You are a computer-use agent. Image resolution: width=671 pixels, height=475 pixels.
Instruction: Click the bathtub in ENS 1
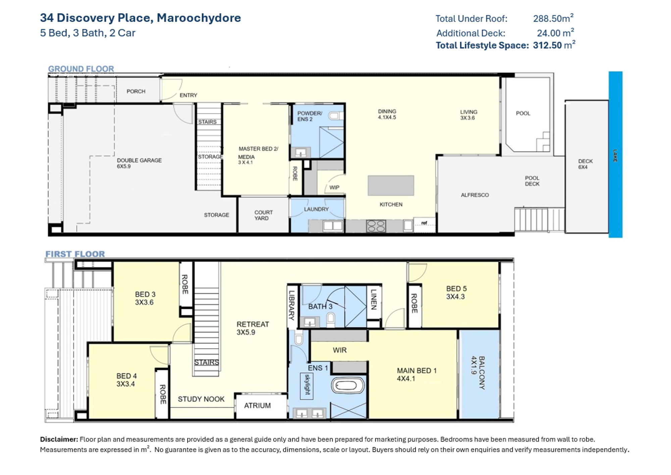point(348,385)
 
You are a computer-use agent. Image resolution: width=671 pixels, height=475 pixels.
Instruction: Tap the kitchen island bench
point(391,185)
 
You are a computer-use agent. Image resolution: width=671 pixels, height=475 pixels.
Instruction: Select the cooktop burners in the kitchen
point(376,226)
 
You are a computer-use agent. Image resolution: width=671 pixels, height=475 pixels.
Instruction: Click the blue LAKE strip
point(615,154)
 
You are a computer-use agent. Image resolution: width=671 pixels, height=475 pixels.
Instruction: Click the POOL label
point(523,113)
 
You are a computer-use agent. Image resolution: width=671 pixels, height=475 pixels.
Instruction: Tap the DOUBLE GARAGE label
point(139,160)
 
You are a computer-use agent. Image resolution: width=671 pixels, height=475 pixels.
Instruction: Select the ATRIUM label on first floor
point(257,406)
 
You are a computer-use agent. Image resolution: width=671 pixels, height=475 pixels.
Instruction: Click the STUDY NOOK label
point(201,399)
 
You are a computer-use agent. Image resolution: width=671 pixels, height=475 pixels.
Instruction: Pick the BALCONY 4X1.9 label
point(478,373)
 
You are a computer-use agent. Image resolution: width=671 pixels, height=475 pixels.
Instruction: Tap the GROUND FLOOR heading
point(81,69)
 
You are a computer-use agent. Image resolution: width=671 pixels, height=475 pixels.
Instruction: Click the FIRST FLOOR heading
point(75,254)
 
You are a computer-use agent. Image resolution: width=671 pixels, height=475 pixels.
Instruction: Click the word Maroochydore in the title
point(199,18)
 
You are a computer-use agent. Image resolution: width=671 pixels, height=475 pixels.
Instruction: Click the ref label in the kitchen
point(424,223)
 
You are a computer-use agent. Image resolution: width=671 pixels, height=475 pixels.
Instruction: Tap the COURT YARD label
point(263,215)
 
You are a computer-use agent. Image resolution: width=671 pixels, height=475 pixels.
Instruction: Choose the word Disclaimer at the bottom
point(59,439)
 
